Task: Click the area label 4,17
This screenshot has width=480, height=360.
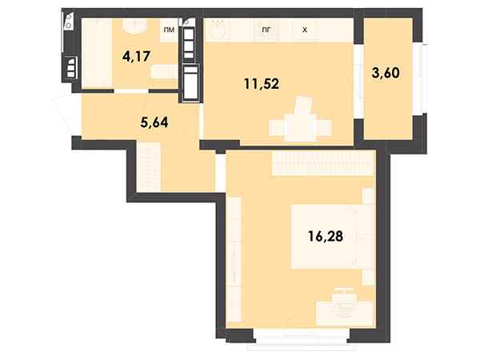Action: click(136, 57)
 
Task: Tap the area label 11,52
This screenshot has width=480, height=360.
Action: click(262, 84)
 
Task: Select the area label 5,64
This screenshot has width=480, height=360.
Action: click(154, 122)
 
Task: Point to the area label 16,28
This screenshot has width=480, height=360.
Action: click(326, 236)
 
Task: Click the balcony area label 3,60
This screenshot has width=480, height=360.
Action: click(386, 73)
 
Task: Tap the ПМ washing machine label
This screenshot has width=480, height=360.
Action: click(169, 30)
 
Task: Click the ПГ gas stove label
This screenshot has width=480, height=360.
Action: click(266, 30)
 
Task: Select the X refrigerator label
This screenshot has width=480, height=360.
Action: click(305, 30)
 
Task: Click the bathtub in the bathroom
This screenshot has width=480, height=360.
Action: click(97, 53)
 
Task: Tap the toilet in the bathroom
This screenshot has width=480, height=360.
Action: click(164, 72)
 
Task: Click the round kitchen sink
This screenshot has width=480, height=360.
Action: click(218, 30)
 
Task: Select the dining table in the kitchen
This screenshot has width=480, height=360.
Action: click(300, 128)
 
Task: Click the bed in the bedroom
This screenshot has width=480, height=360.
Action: click(332, 237)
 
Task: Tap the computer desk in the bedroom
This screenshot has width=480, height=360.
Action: click(344, 313)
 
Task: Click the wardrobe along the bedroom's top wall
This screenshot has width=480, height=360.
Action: click(322, 163)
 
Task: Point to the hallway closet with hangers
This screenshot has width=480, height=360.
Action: click(149, 167)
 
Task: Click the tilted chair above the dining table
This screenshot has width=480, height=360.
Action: click(303, 106)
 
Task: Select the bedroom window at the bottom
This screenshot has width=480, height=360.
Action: click(302, 339)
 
